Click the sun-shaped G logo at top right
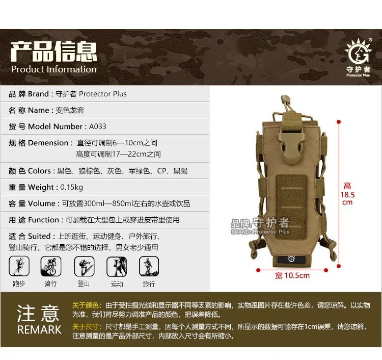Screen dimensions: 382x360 tap(358, 50)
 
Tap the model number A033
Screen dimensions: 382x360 tap(98, 126)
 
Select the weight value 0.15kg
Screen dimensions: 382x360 tap(71, 187)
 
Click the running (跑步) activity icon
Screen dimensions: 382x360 tap(19, 266)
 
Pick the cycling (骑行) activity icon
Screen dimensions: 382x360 tap(50, 266)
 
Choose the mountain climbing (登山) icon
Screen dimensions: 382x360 tap(84, 266)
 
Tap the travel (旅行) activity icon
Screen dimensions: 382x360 tap(149, 266)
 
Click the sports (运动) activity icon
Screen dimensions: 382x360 tap(117, 267)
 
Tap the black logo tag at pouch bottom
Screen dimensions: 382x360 tap(291, 259)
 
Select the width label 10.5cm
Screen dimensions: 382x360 tap(292, 276)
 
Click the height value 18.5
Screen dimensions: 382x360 tap(347, 195)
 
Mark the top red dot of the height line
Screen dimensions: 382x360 tap(338, 122)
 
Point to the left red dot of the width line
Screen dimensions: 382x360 tap(258, 270)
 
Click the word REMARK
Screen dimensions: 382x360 tap(39, 330)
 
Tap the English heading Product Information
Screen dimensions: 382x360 tap(54, 69)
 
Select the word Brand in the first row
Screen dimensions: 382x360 tap(38, 94)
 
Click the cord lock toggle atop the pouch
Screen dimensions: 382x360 tap(286, 100)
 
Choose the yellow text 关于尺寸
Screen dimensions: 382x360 tap(85, 326)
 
